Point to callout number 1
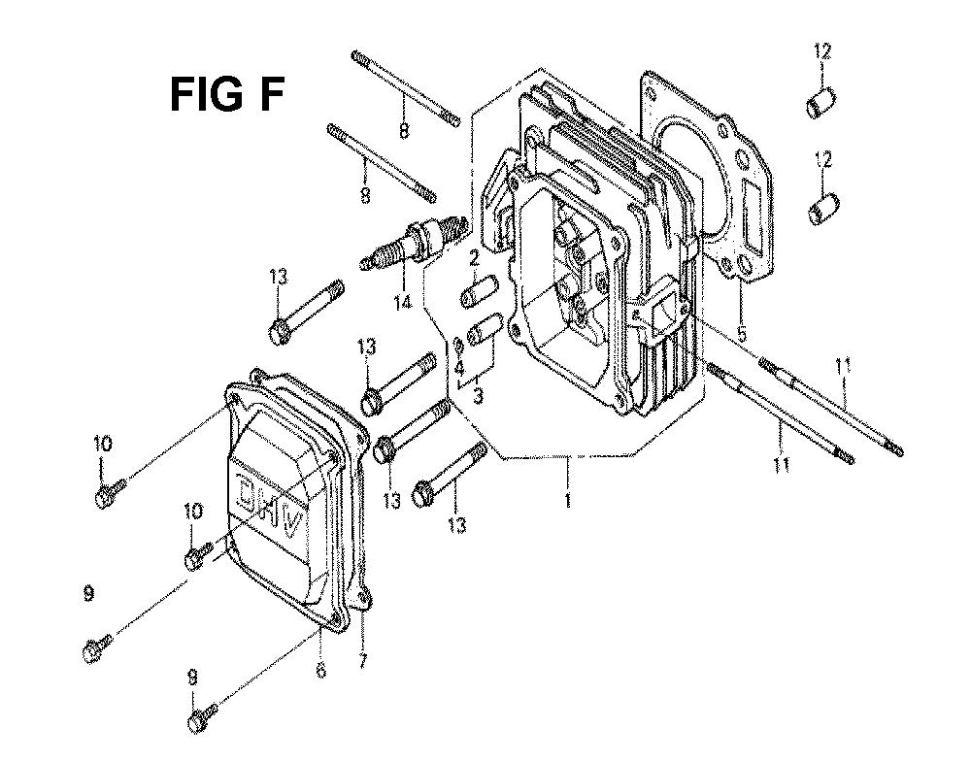567,500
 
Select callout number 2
475,258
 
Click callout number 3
478,396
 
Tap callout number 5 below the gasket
742,334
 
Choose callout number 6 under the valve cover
320,670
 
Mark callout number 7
362,660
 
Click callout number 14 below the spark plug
403,303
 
